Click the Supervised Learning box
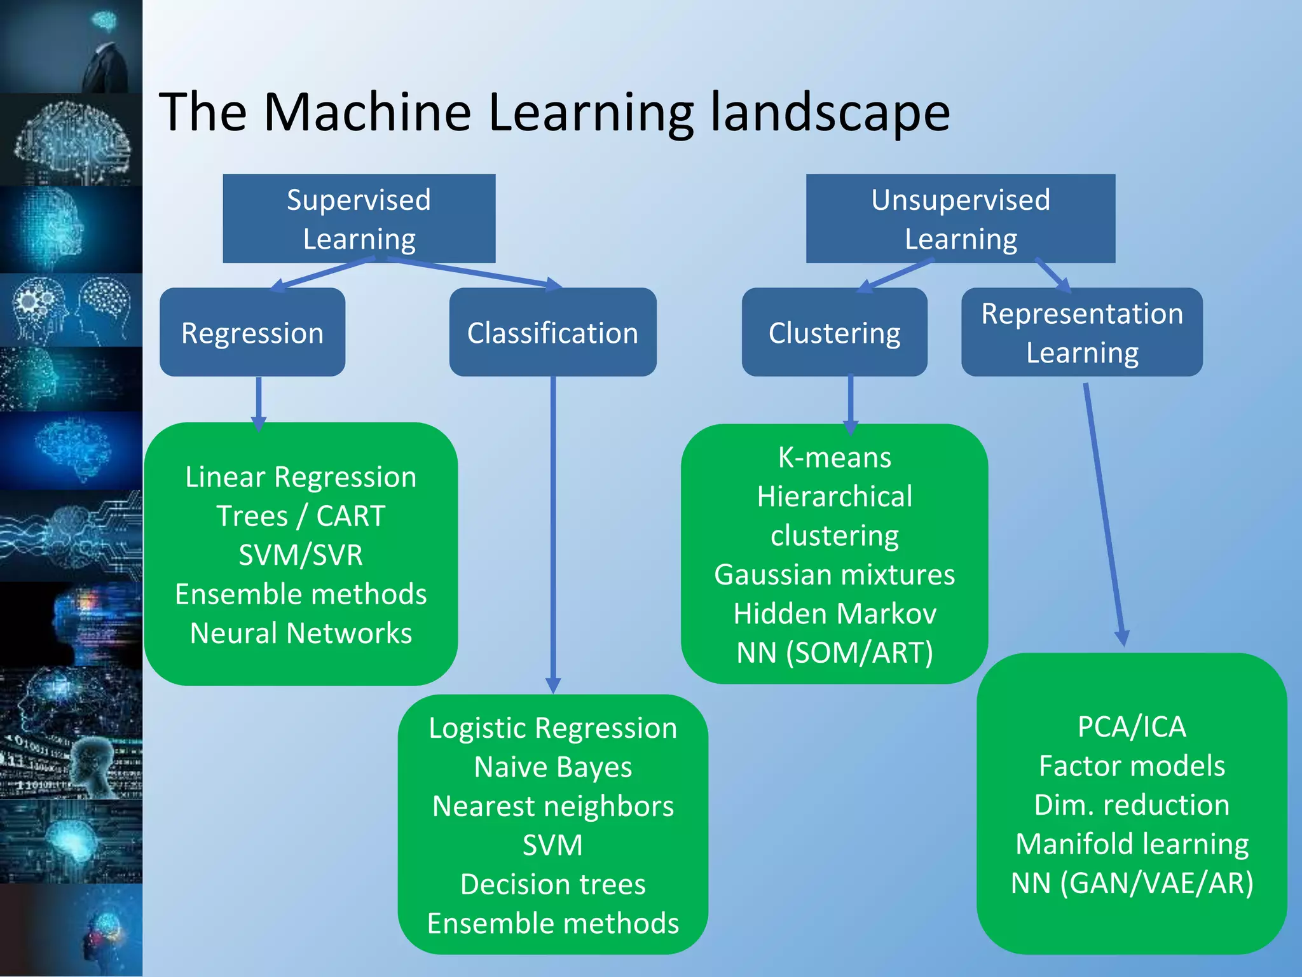359,218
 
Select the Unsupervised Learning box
960,218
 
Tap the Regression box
252,332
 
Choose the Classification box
552,332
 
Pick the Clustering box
834,332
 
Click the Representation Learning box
1081,332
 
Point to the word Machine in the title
367,112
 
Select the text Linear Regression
301,476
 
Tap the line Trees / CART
301,515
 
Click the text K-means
834,457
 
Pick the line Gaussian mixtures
834,574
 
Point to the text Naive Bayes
552,766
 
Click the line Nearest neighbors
552,806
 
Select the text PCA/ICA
1132,726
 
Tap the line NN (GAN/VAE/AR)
1132,883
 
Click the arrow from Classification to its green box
553,534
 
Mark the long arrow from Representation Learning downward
1104,515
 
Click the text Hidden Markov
834,613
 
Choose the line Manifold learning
1132,844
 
